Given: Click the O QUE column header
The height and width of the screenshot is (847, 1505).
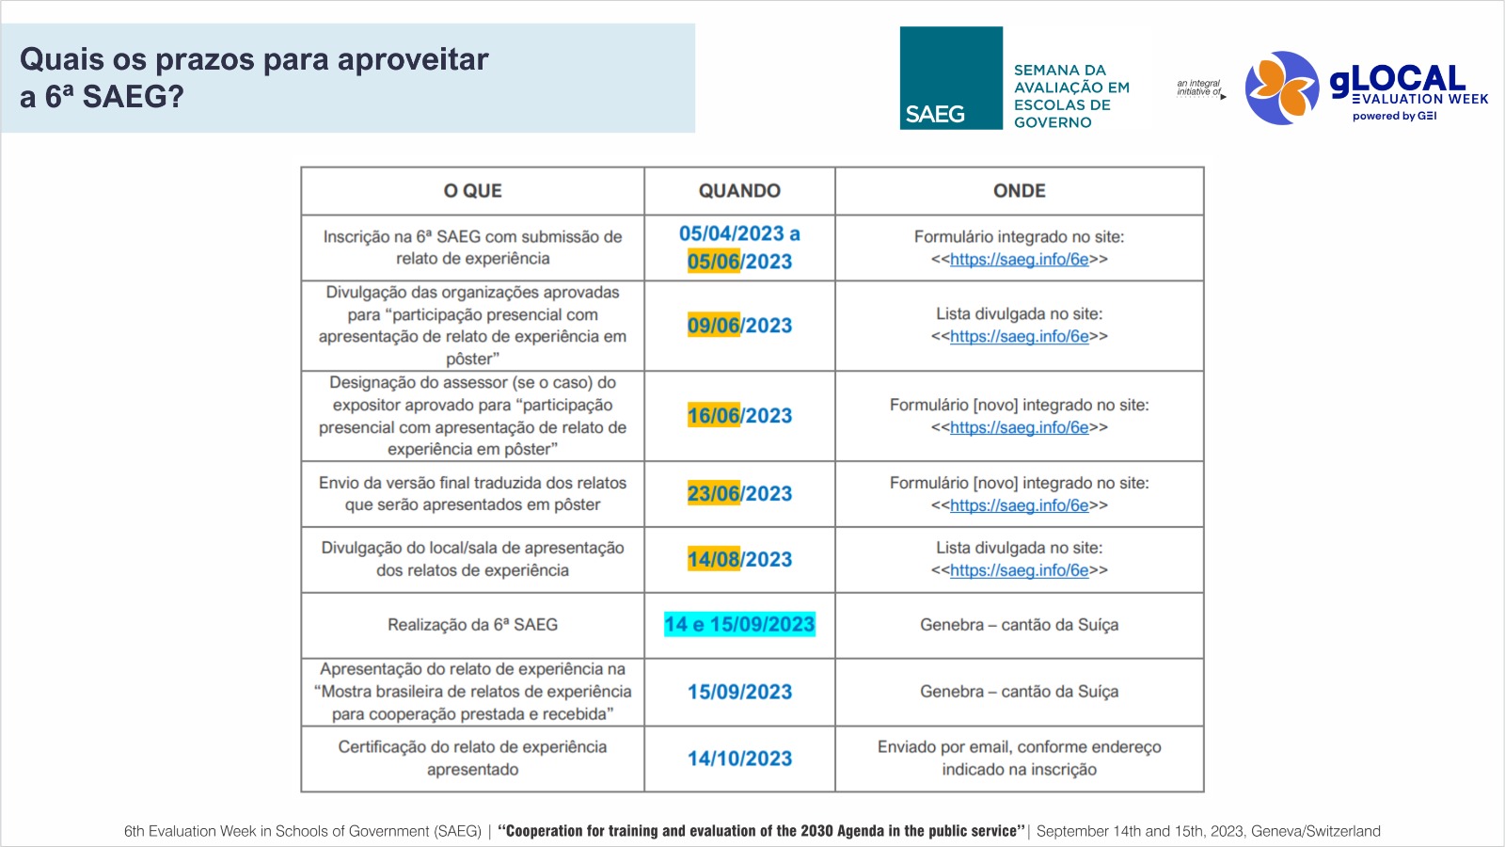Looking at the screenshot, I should click(472, 191).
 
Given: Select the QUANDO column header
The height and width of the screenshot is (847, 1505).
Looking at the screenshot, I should click(739, 191).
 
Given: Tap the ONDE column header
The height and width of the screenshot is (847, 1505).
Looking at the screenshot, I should click(1019, 191).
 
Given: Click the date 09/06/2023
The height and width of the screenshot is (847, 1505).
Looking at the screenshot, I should click(739, 326).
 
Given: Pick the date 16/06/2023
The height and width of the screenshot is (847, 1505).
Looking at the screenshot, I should click(739, 416).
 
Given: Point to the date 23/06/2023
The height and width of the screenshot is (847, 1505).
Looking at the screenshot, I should click(739, 494).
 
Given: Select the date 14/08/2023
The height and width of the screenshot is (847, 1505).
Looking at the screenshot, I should click(739, 560).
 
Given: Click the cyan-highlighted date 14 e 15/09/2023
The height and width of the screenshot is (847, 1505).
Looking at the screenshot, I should click(739, 625).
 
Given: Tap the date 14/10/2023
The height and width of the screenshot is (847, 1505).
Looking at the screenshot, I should click(739, 759).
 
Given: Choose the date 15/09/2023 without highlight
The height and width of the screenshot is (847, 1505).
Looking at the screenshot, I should click(739, 693).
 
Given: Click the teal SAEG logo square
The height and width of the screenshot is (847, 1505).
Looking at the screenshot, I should click(950, 77).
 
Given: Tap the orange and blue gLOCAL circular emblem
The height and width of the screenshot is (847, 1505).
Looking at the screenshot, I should click(1281, 88).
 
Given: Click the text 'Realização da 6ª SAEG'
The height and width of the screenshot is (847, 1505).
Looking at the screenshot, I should click(472, 625).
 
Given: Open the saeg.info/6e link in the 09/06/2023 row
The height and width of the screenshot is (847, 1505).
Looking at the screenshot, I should click(1019, 337).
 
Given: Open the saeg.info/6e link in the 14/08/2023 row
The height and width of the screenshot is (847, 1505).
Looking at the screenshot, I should click(1019, 570).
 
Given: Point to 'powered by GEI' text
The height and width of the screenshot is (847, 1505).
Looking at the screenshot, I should click(1394, 117).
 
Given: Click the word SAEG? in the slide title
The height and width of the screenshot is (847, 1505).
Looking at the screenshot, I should click(134, 97).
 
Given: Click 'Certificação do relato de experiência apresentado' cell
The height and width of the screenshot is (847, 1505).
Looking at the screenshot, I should click(472, 758).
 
